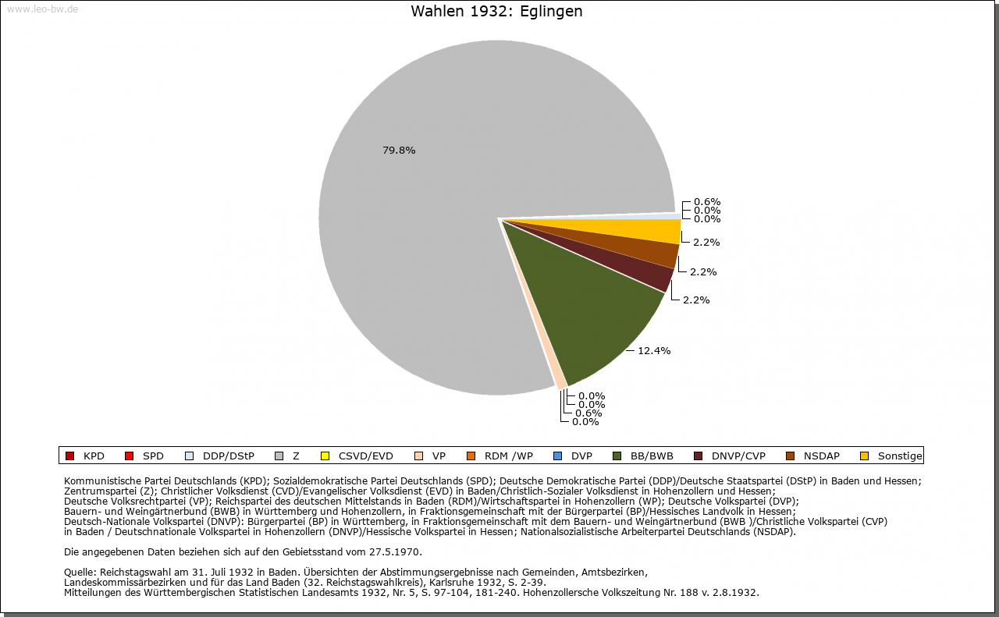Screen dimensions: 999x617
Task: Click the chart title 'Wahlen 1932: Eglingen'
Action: (496, 11)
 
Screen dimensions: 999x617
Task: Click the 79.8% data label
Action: (399, 151)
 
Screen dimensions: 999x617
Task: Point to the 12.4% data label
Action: (654, 351)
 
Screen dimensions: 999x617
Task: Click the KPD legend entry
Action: (85, 456)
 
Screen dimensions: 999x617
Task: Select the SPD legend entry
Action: (144, 456)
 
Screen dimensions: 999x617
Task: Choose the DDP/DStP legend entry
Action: (219, 456)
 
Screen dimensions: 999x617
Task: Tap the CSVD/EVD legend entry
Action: (357, 456)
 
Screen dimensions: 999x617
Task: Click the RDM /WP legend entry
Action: (499, 456)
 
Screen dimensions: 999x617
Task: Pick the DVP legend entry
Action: (573, 456)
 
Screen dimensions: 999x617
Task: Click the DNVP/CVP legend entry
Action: (730, 456)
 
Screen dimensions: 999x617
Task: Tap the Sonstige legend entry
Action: (891, 456)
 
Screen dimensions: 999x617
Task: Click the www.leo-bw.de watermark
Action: (42, 9)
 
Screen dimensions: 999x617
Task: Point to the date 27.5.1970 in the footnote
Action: (394, 552)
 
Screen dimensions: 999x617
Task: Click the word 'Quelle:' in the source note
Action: (80, 572)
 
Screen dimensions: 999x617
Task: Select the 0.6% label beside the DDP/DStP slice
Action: (707, 202)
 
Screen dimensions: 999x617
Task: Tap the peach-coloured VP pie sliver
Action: (560, 382)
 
